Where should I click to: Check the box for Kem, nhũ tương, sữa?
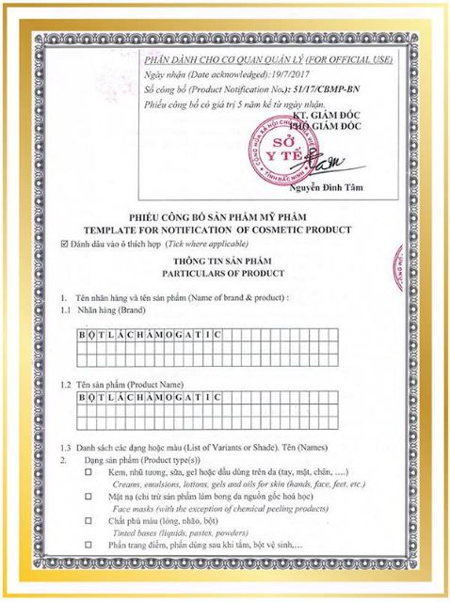point(88,471)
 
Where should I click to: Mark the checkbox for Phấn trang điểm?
point(88,546)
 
